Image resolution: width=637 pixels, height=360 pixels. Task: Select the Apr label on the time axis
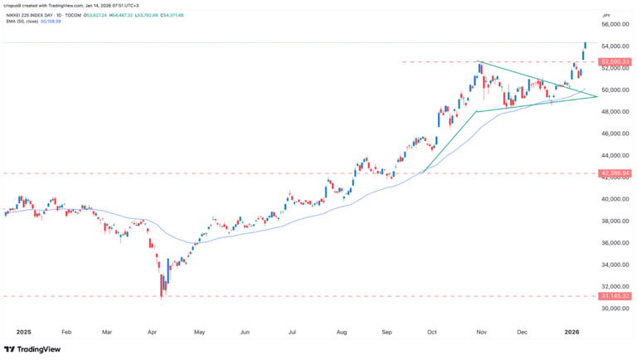click(x=152, y=331)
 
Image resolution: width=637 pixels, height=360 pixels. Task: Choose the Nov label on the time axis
click(x=480, y=331)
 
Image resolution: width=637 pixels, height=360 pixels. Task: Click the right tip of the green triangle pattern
click(x=597, y=97)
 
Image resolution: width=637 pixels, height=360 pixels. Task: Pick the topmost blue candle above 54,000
click(x=586, y=46)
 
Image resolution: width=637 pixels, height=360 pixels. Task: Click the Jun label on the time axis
click(x=245, y=331)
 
